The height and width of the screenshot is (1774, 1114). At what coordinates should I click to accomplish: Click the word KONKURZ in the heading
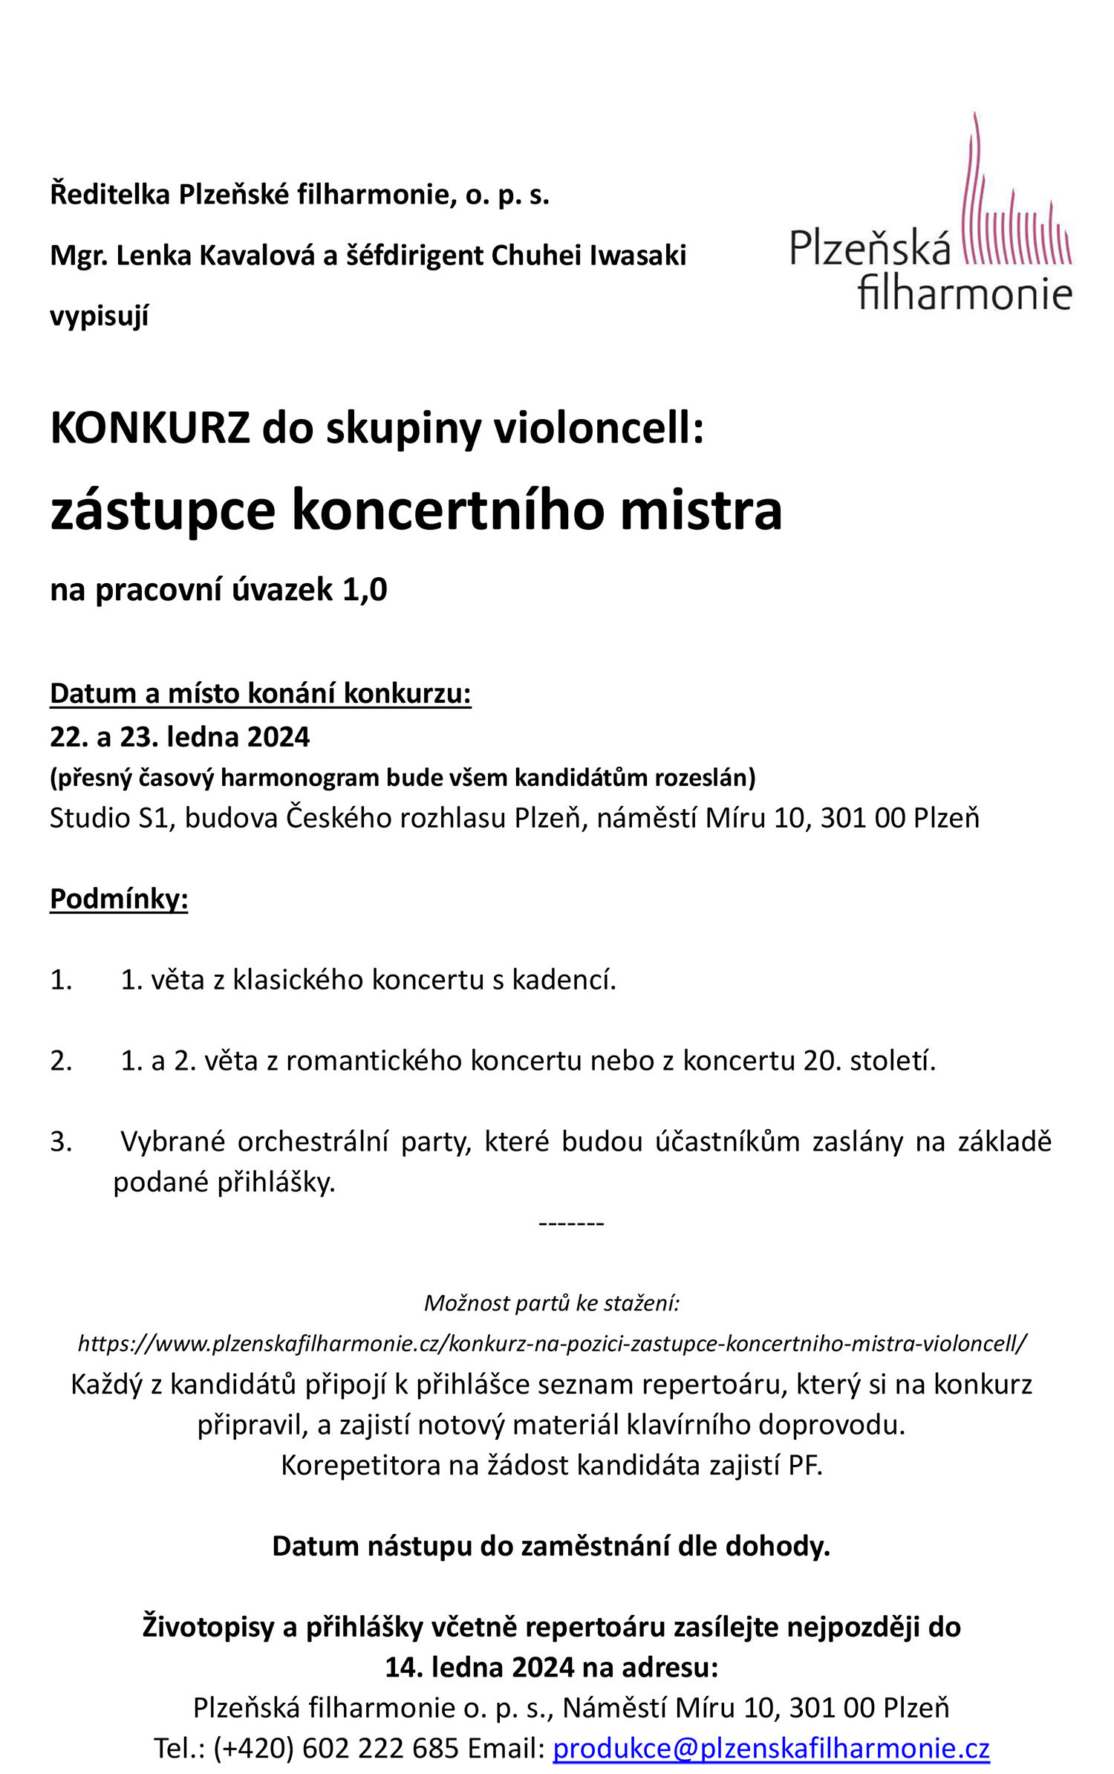(149, 429)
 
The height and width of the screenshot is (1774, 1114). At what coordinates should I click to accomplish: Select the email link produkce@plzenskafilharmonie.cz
(771, 1749)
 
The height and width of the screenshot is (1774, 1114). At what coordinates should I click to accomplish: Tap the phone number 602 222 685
(380, 1749)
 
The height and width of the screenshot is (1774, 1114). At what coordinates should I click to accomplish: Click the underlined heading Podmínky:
(119, 899)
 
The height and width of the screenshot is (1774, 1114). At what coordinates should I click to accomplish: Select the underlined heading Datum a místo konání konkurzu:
(260, 693)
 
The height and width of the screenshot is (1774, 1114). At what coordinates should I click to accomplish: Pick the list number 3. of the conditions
(61, 1142)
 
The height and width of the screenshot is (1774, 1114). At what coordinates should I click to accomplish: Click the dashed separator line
(571, 1223)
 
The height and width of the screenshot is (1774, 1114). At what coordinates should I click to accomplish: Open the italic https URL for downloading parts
(552, 1343)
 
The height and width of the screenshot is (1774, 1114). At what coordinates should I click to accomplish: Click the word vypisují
(99, 316)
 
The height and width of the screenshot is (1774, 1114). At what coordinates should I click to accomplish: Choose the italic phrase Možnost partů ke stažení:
(552, 1303)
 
